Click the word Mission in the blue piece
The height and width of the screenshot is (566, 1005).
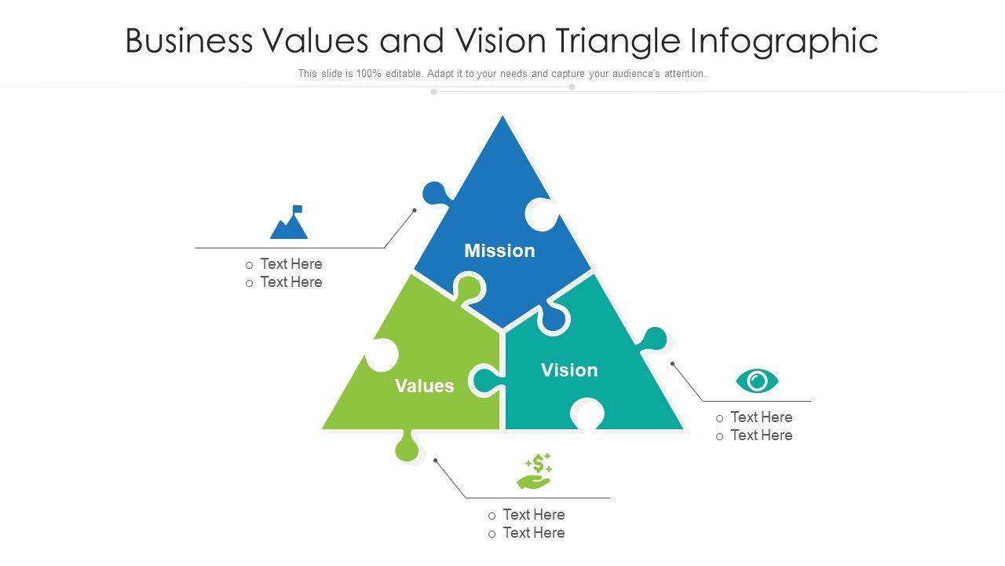(x=499, y=251)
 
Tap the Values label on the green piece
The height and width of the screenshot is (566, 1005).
(x=424, y=386)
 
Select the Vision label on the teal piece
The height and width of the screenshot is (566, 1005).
(x=569, y=370)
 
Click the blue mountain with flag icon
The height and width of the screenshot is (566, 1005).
(x=290, y=223)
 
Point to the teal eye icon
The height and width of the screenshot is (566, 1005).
(x=757, y=381)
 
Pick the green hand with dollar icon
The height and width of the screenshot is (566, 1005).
(x=535, y=472)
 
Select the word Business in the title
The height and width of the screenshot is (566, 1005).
(x=189, y=41)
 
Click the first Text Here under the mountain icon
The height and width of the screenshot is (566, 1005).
(x=291, y=264)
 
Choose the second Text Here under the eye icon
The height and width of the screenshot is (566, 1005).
(x=761, y=436)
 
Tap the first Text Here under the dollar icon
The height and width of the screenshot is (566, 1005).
(x=533, y=515)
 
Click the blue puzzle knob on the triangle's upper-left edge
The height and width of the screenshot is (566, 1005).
(x=434, y=193)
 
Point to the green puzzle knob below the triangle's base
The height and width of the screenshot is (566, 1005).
(x=407, y=447)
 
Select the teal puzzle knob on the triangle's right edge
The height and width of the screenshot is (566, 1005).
(x=653, y=340)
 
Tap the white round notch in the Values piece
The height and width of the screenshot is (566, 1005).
(x=382, y=355)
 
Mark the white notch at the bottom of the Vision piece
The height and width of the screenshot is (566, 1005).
(x=587, y=413)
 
